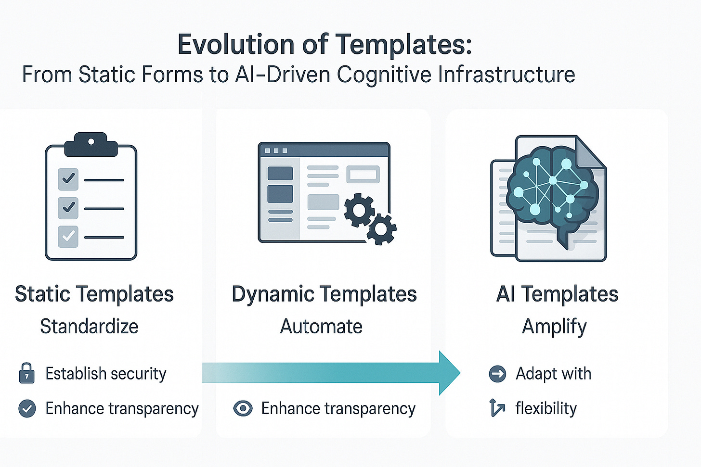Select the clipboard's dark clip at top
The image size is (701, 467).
(91, 144)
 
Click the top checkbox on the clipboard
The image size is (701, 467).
(68, 179)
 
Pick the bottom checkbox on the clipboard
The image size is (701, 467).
(68, 237)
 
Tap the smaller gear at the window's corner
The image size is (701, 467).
(381, 229)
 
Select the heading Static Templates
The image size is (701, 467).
(94, 294)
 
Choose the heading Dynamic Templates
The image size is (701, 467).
(324, 294)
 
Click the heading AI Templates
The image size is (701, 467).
(557, 294)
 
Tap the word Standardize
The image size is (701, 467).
(89, 327)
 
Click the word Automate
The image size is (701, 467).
(321, 327)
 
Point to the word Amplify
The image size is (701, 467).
(554, 327)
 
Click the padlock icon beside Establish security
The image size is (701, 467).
(26, 373)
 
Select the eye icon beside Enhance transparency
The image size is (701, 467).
(243, 409)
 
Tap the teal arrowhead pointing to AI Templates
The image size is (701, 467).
(449, 373)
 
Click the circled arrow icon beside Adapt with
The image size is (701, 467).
(497, 374)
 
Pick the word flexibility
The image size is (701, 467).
(546, 409)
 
